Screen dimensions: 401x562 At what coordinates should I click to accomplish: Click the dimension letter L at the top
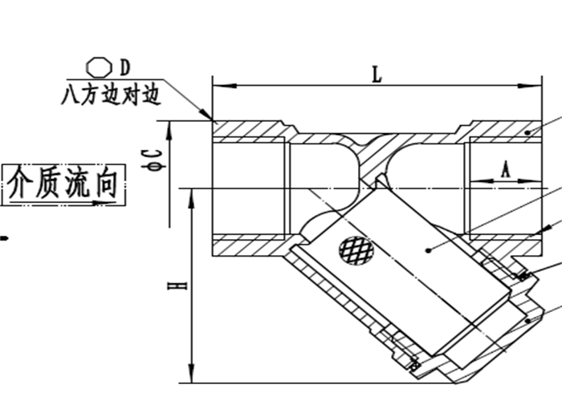377,74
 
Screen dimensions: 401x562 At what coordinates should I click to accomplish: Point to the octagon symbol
97,63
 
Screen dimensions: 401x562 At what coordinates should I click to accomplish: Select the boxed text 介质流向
63,183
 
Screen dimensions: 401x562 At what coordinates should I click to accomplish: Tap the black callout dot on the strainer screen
429,249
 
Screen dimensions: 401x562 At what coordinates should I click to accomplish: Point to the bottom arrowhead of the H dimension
191,377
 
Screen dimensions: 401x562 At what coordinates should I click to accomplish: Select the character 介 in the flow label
22,183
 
